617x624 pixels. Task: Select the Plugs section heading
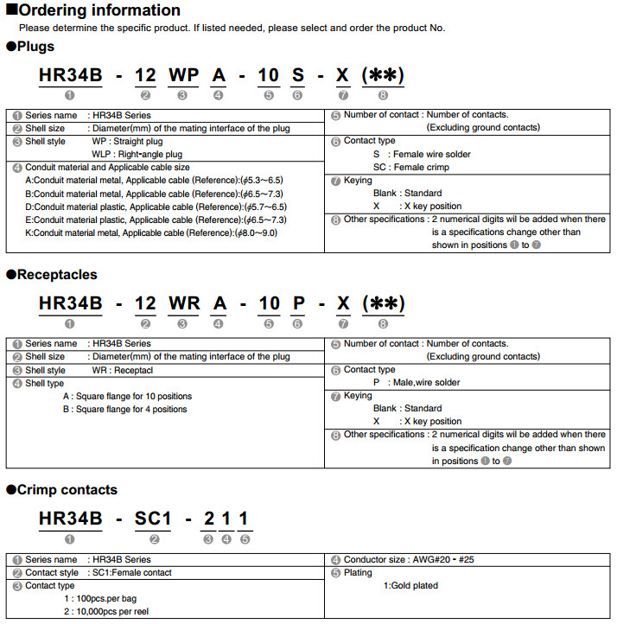35,47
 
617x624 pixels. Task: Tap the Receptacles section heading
57,275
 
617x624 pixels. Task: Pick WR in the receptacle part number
184,303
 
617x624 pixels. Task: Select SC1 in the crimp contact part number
154,519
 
